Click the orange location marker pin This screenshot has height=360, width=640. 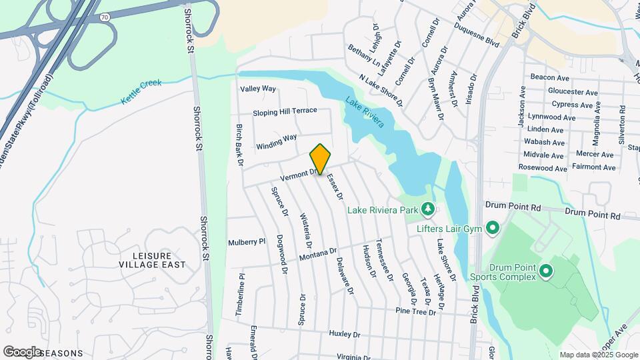[321, 159]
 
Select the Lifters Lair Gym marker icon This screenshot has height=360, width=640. [493, 229]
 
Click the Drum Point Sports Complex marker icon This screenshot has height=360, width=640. [546, 271]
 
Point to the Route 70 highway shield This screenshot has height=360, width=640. [105, 17]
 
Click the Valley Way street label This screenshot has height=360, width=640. [258, 89]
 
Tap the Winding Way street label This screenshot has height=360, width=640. [277, 142]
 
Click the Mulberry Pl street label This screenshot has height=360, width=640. [247, 242]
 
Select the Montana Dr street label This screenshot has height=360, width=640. [318, 255]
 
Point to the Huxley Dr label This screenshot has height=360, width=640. [344, 334]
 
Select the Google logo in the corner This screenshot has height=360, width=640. [22, 351]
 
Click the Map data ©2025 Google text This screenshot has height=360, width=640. [598, 355]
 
